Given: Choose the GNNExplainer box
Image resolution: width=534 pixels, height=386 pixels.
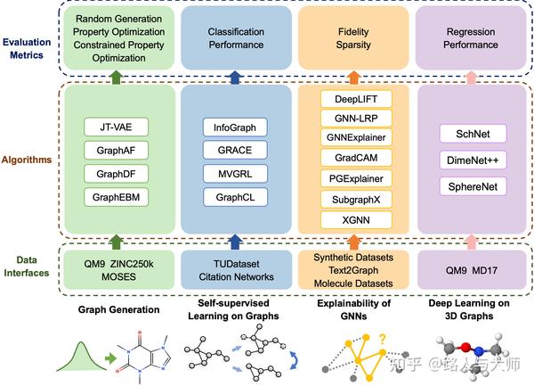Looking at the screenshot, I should pos(356,136).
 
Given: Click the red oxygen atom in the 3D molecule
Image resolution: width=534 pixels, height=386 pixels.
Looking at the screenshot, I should pos(453,349).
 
